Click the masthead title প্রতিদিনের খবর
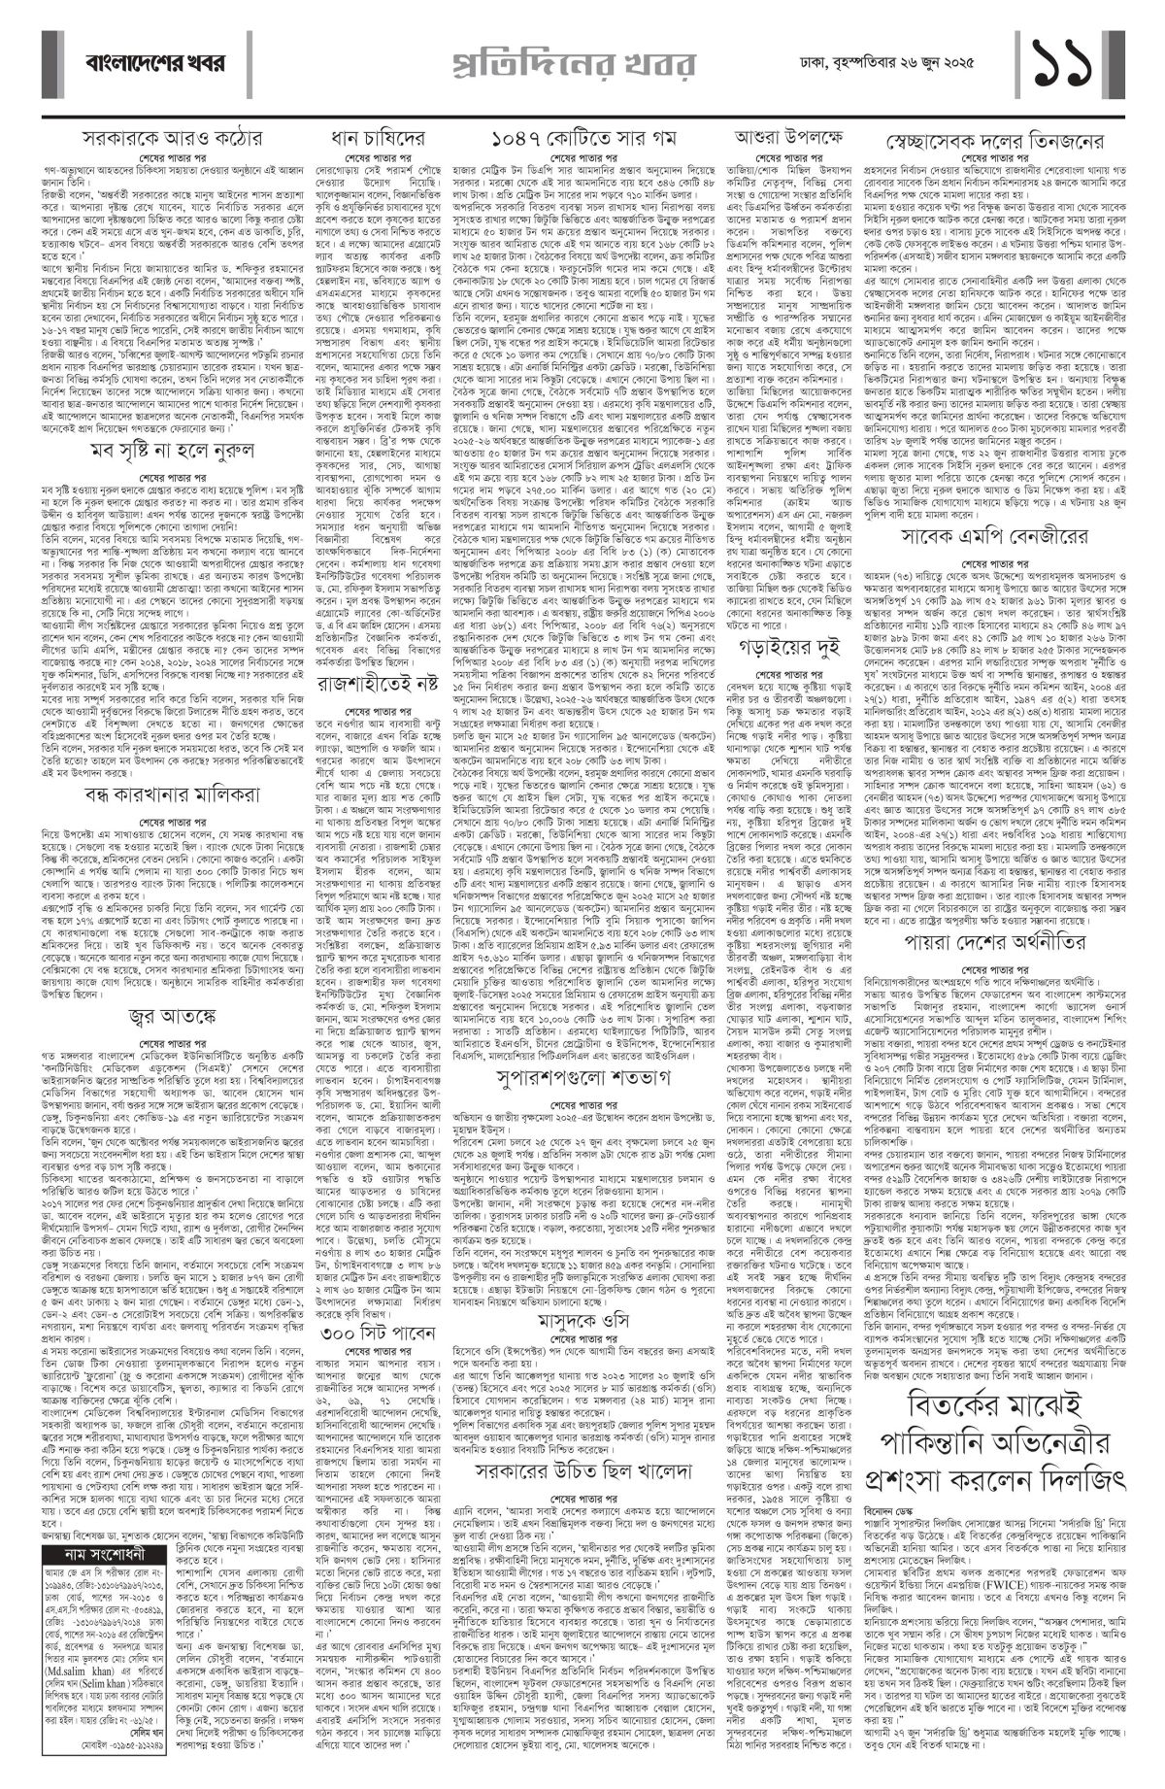(x=582, y=64)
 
